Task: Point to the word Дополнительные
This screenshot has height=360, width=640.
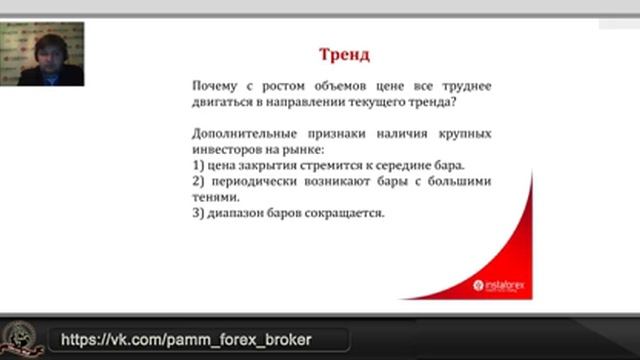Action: pyautogui.click(x=241, y=133)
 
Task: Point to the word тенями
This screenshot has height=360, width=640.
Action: pyautogui.click(x=214, y=197)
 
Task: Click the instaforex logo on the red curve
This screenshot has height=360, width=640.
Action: pyautogui.click(x=504, y=285)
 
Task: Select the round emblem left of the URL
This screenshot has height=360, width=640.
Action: pyautogui.click(x=22, y=338)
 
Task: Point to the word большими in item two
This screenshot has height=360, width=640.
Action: pyautogui.click(x=462, y=181)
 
